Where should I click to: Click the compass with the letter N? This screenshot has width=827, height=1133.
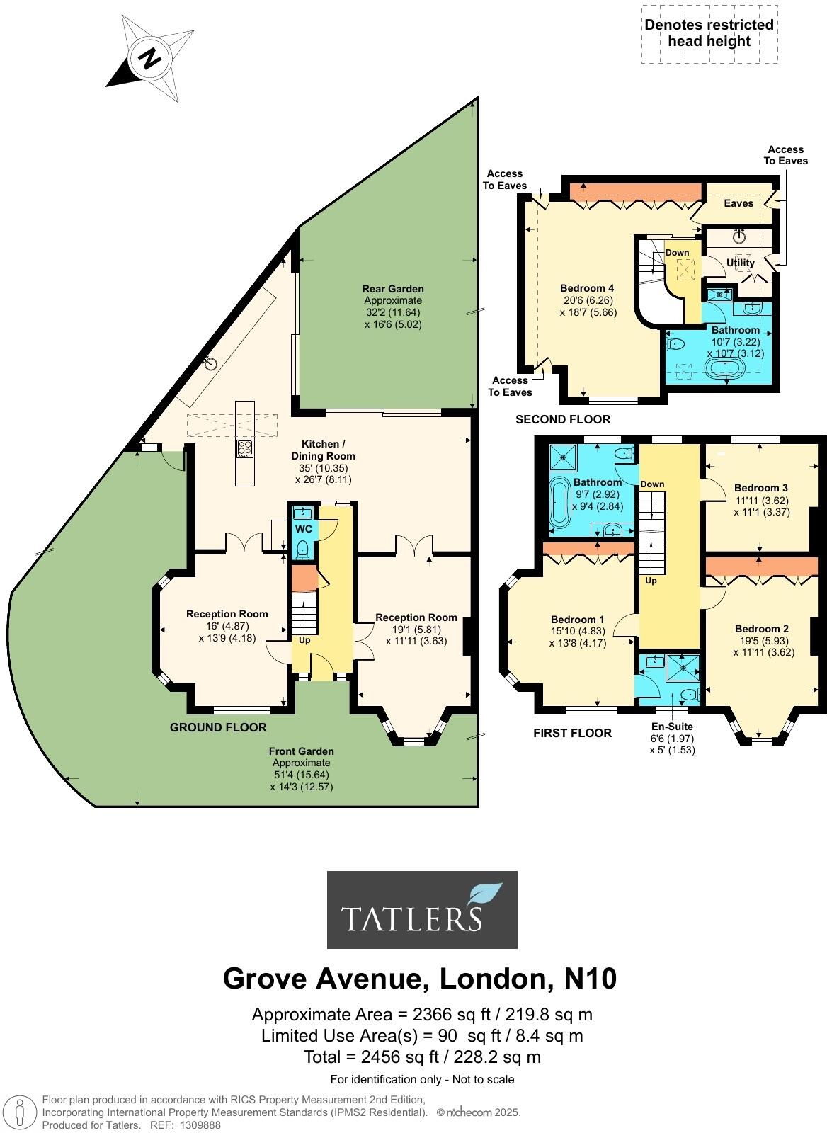click(x=150, y=58)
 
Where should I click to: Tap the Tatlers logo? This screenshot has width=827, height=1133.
click(x=422, y=909)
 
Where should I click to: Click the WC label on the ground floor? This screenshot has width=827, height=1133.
click(x=303, y=529)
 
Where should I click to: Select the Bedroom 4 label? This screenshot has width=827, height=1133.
click(x=587, y=288)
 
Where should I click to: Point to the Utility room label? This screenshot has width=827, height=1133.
click(x=741, y=263)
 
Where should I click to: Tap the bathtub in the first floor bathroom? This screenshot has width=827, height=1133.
click(x=561, y=503)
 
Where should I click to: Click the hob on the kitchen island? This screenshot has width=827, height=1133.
click(x=245, y=447)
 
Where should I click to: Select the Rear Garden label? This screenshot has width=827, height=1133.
click(x=393, y=289)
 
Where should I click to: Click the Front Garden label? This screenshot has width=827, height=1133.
click(x=301, y=751)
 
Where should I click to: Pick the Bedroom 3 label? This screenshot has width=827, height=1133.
click(x=760, y=488)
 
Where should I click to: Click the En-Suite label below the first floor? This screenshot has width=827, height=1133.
click(x=672, y=727)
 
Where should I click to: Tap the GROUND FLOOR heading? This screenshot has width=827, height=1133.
click(x=218, y=727)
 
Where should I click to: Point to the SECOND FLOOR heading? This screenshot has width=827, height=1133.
click(x=562, y=419)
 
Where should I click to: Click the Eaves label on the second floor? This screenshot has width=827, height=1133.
click(x=738, y=203)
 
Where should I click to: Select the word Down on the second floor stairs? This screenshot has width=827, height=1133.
click(x=677, y=253)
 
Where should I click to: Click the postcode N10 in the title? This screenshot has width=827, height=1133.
click(x=590, y=979)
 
